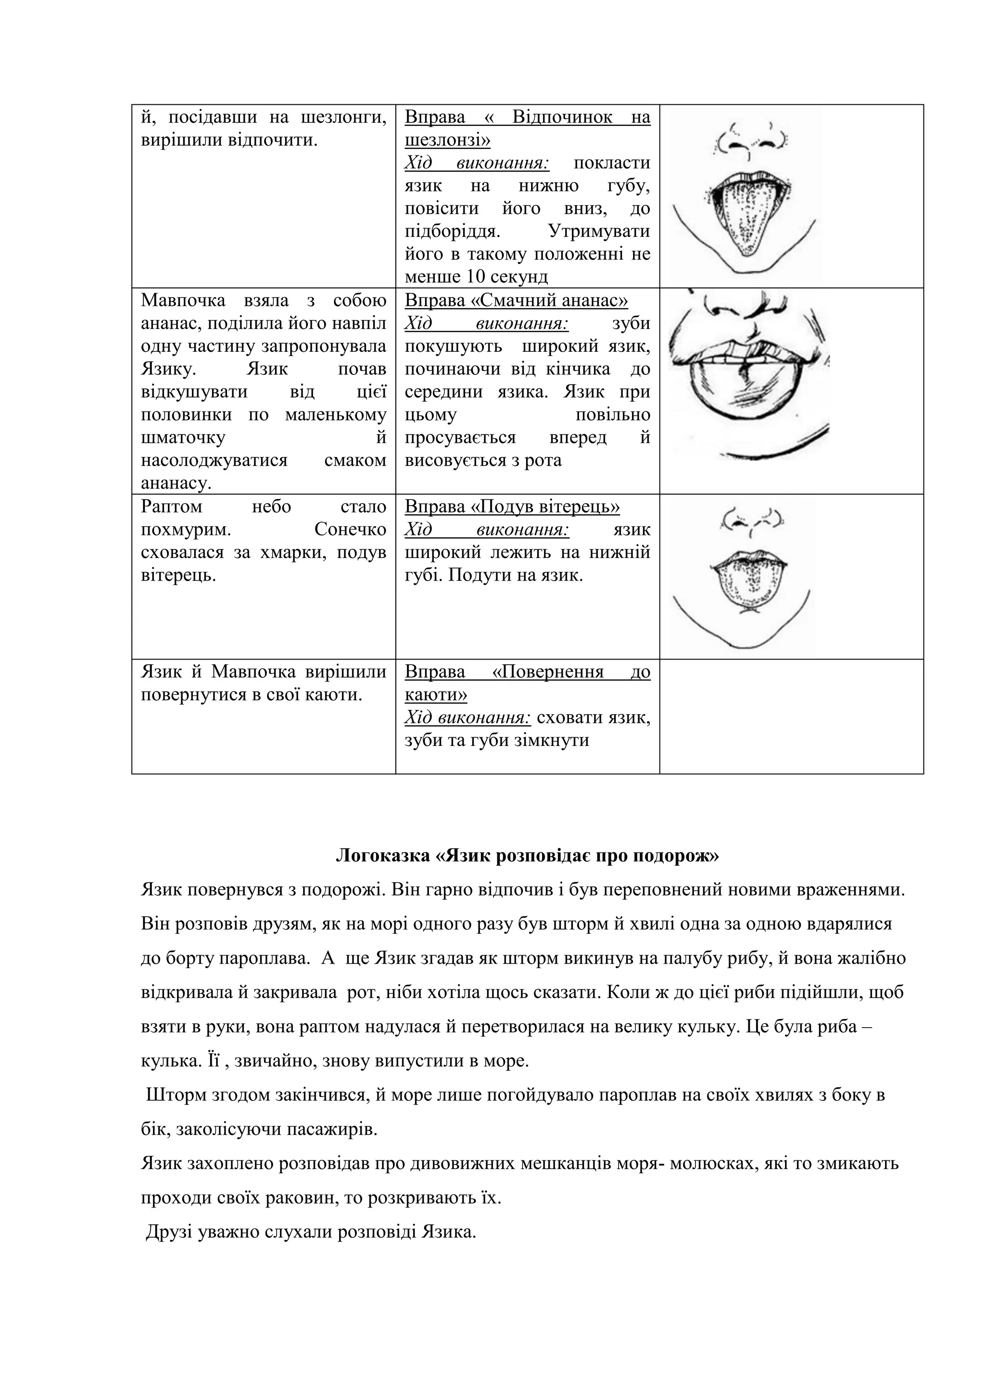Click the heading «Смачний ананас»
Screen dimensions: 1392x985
516,301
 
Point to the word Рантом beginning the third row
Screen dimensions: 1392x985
171,506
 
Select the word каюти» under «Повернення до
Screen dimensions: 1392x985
435,694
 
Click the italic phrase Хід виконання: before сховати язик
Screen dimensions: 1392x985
467,717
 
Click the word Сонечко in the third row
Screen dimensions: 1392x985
350,529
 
